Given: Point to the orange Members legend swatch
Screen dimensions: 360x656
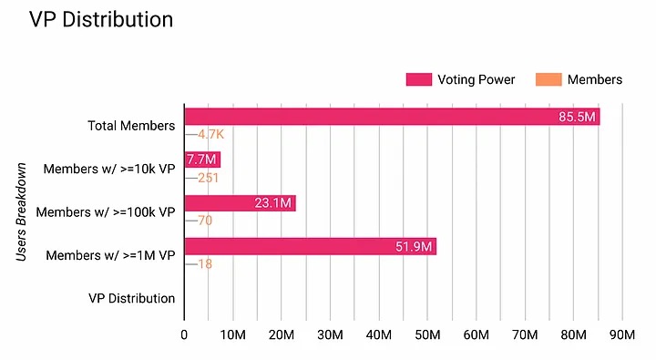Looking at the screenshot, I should (x=548, y=79).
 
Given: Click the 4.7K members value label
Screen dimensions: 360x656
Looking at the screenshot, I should (x=210, y=135).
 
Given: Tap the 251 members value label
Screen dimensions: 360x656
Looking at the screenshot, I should (x=208, y=178).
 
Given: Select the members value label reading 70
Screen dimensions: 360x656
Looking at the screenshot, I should (x=205, y=221).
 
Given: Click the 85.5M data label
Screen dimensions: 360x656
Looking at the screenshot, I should (x=578, y=117).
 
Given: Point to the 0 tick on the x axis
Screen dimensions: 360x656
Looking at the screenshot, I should (x=184, y=334).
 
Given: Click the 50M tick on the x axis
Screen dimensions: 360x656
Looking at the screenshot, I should (x=427, y=334).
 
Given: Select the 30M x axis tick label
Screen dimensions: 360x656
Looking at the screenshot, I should (x=330, y=334).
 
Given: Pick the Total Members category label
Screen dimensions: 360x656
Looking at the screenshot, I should (x=131, y=126).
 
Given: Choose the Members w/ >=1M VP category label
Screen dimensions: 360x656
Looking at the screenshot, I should (x=110, y=255).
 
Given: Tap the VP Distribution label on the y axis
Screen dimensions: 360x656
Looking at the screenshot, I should (x=131, y=298).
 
